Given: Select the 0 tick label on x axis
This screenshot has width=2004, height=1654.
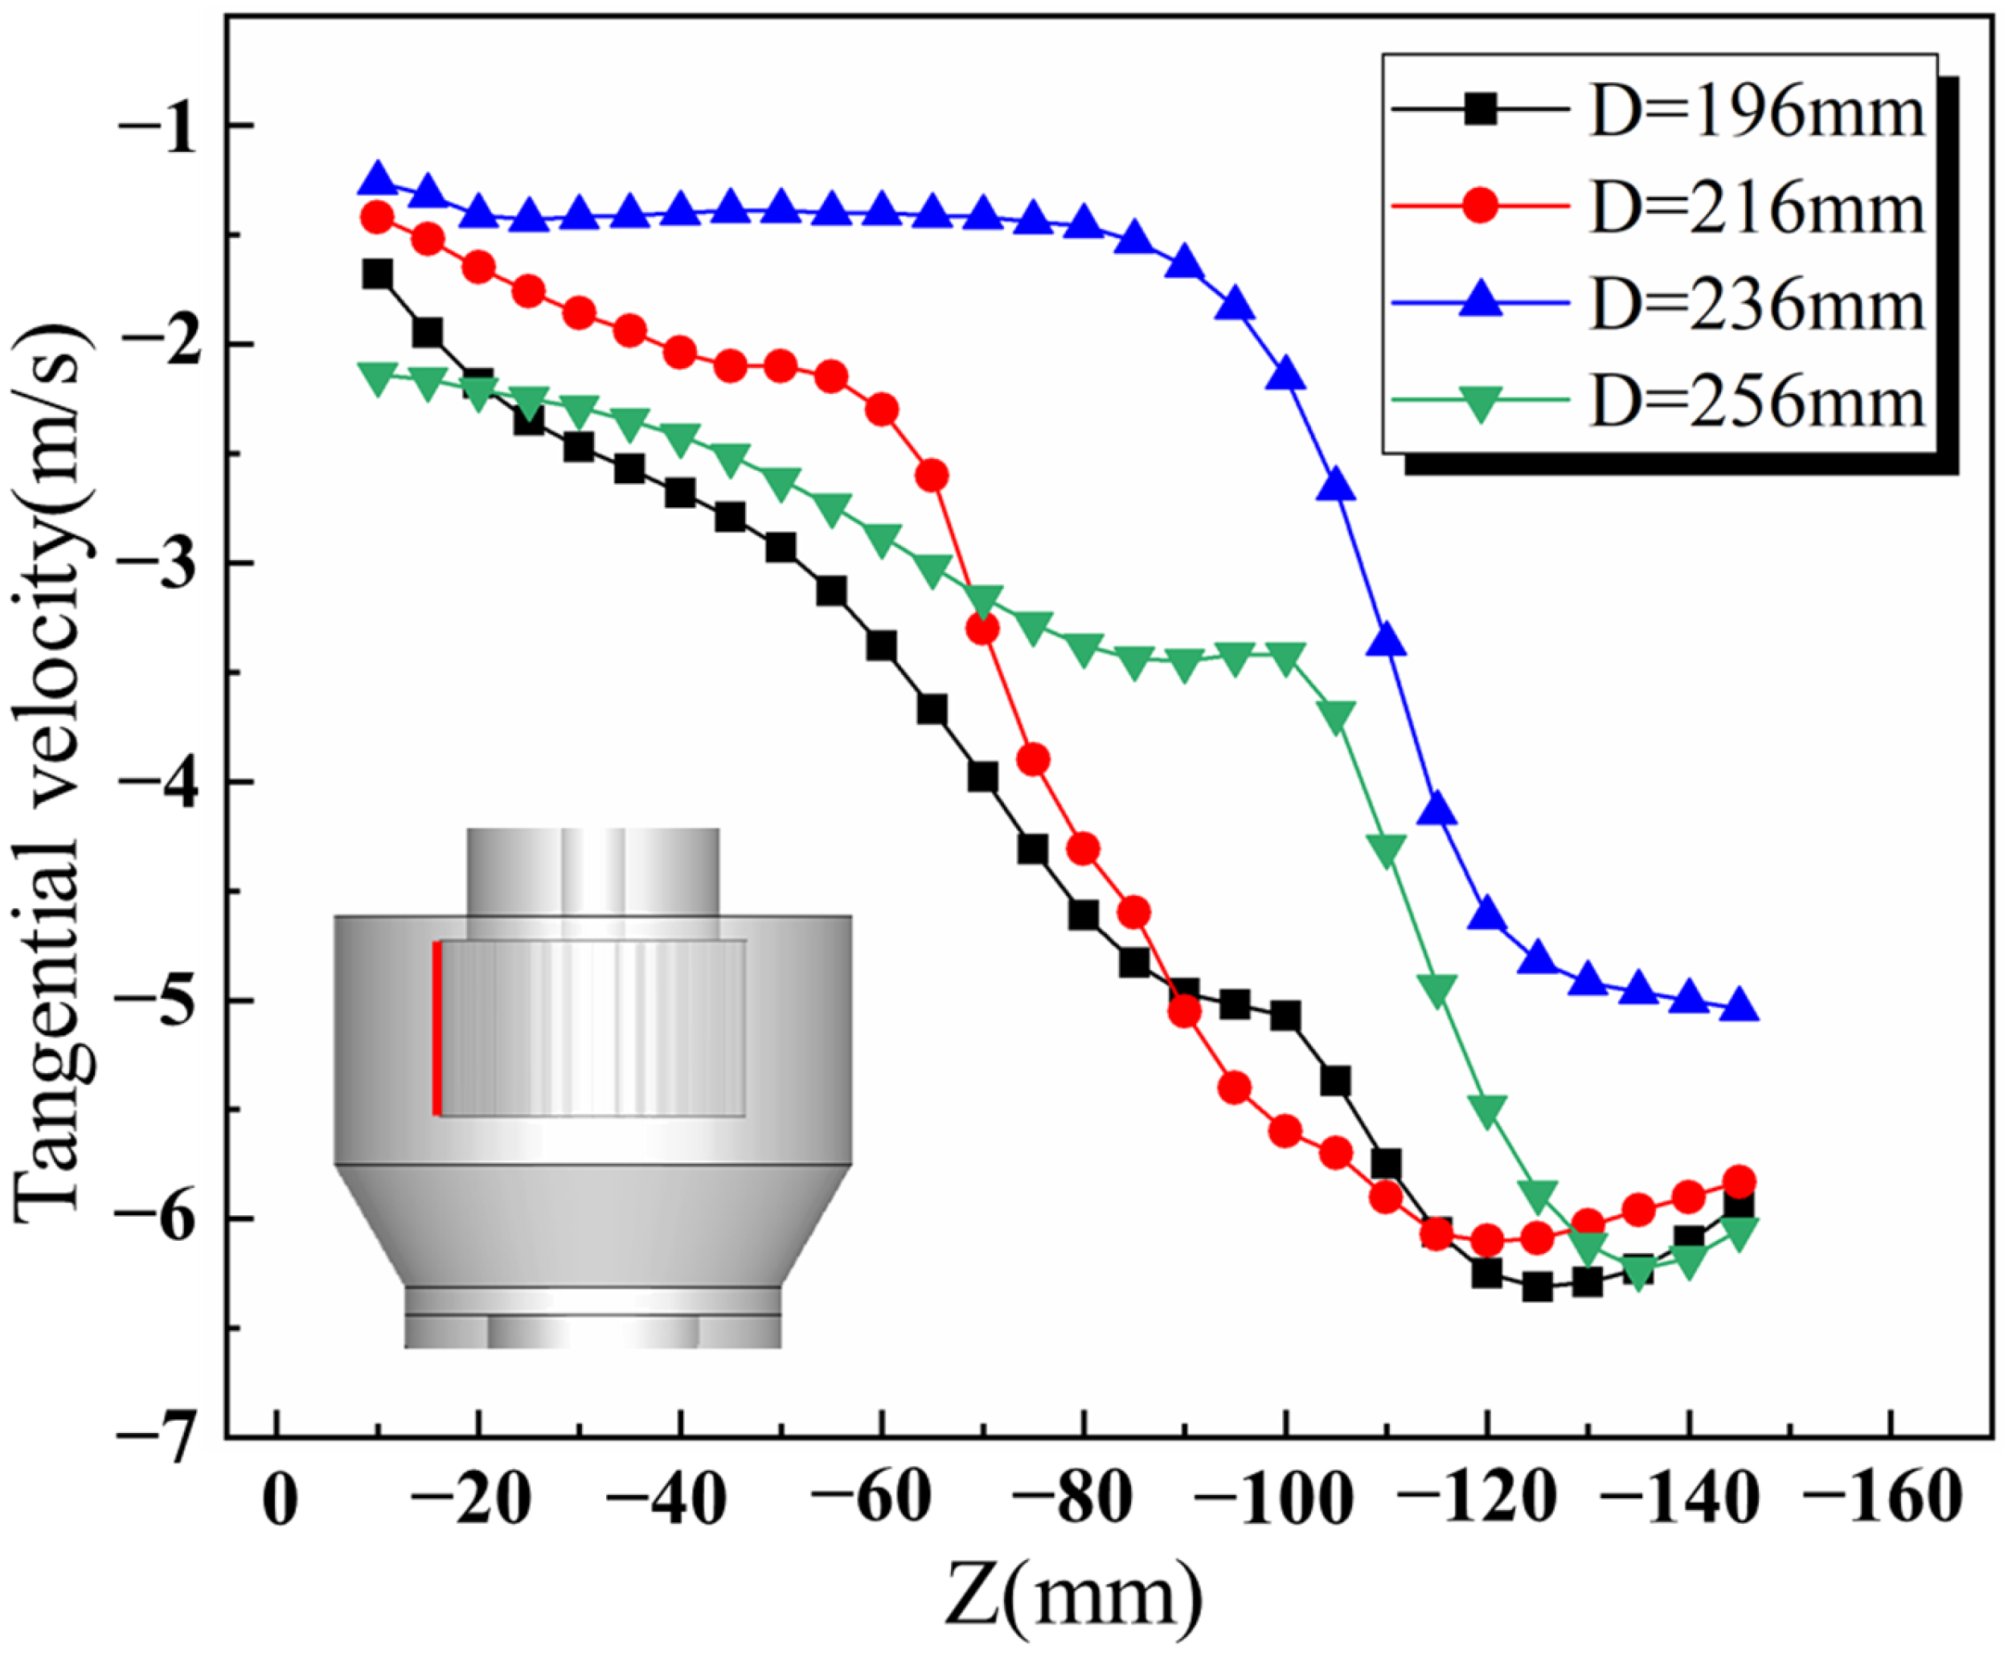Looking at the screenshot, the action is pyautogui.click(x=277, y=1500).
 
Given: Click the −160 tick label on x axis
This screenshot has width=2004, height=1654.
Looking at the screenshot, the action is pyautogui.click(x=1891, y=1500).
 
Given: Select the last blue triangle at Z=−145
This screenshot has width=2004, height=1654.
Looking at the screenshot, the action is pyautogui.click(x=1740, y=1006).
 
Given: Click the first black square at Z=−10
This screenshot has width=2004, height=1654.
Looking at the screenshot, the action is pyautogui.click(x=377, y=274).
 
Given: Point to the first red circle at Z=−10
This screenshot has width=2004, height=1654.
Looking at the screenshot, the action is pyautogui.click(x=377, y=217).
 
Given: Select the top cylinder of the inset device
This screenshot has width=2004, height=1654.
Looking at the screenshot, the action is pyautogui.click(x=592, y=872).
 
